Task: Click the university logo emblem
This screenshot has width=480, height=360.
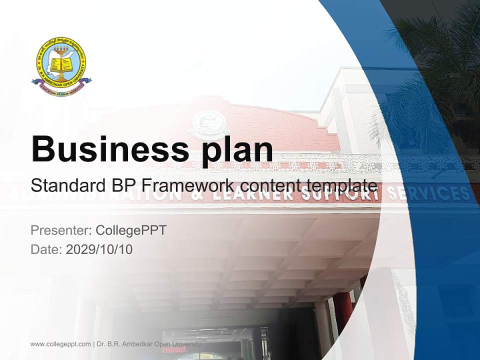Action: click(x=61, y=63)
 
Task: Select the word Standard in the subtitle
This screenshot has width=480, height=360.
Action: click(x=66, y=185)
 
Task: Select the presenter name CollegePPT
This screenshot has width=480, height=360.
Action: click(x=130, y=230)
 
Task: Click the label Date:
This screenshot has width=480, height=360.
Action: click(x=46, y=249)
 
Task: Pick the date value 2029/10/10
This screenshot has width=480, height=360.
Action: click(x=99, y=249)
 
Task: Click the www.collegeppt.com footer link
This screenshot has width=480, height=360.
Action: click(x=60, y=344)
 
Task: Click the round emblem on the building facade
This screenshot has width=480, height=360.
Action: click(x=205, y=122)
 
